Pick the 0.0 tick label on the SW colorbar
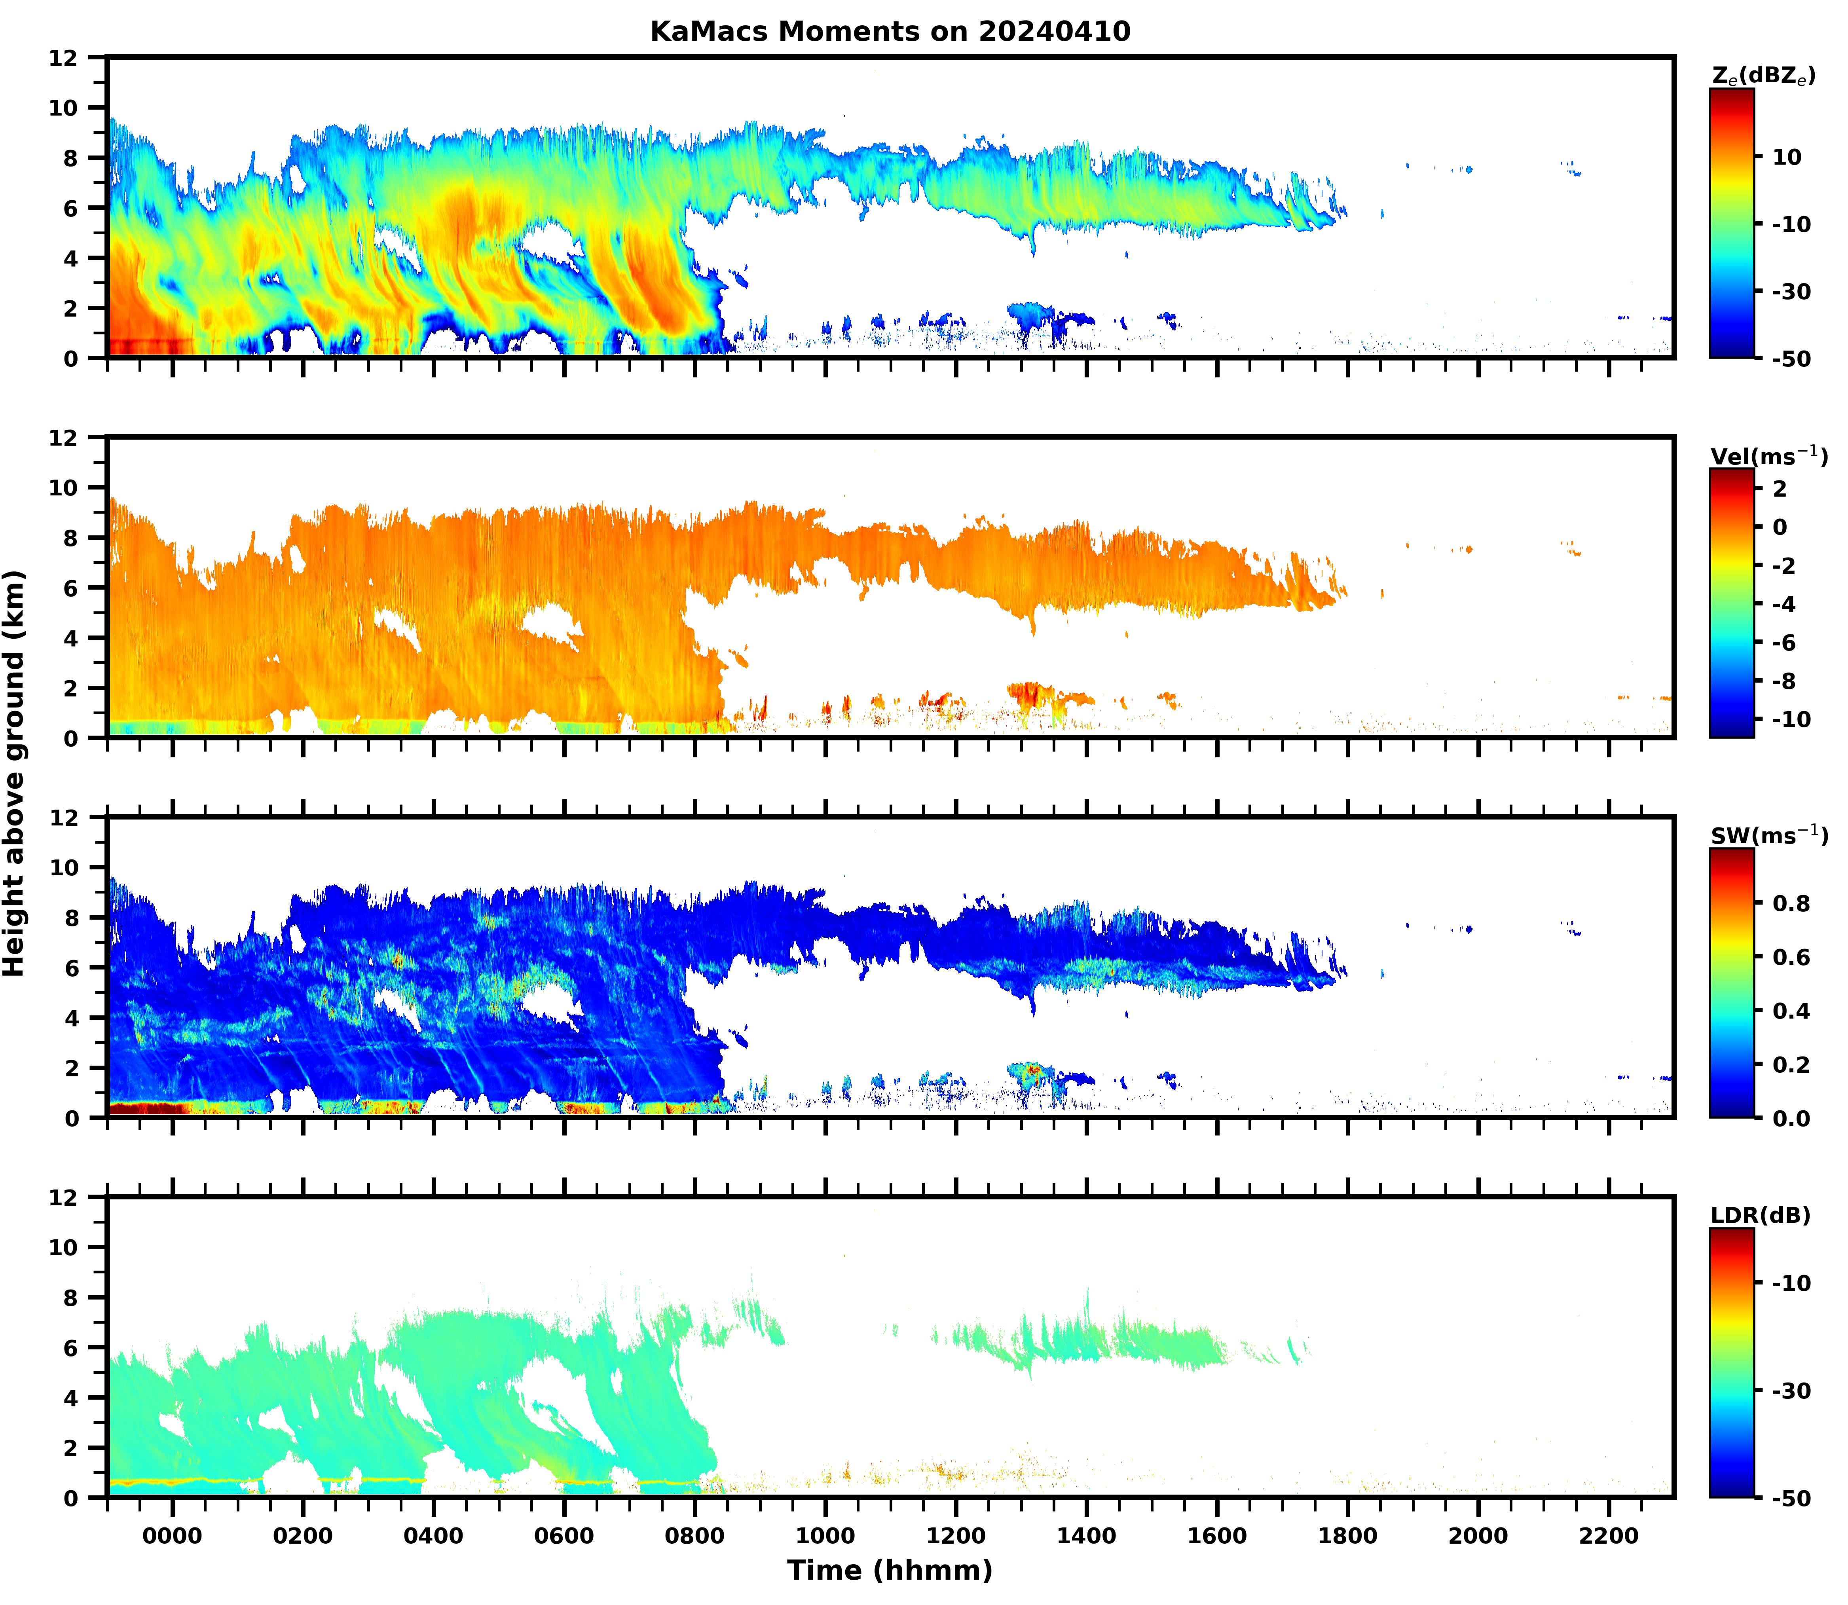click(1791, 1119)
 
